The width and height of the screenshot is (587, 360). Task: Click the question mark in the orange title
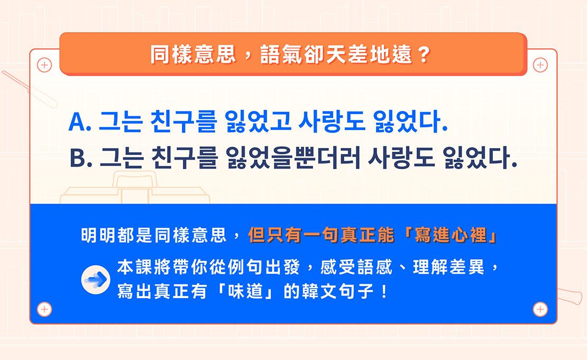424,55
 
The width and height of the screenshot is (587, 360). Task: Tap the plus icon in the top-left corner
44,65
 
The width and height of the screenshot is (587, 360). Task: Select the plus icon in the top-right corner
540,65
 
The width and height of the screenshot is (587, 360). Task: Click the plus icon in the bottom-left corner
44,309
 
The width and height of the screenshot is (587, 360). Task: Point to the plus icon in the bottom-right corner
540,309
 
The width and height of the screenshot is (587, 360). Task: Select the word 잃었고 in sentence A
258,122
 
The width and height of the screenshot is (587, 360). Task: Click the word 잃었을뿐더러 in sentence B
293,157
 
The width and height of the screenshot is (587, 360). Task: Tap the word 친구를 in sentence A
184,122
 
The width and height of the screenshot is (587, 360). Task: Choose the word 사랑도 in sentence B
401,157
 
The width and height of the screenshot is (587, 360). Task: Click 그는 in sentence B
121,158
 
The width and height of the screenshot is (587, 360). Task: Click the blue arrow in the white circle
96,280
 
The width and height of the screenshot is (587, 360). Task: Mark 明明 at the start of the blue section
98,235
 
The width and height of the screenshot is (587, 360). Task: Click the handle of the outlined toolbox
135,179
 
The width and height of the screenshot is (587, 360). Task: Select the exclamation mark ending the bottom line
384,291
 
